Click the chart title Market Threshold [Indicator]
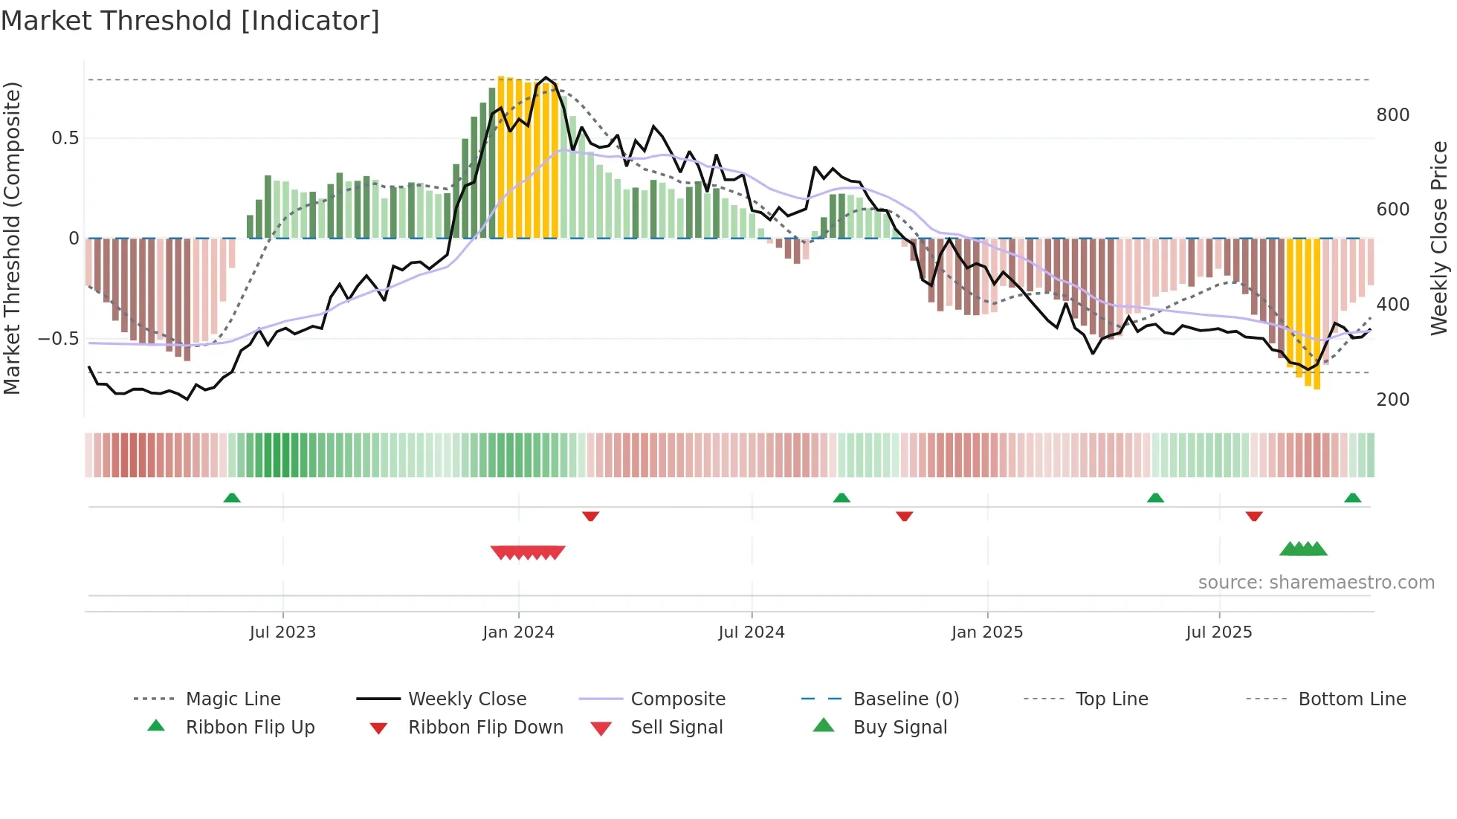tap(190, 21)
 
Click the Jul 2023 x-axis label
tap(282, 632)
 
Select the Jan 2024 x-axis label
tap(518, 632)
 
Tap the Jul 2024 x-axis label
tap(752, 632)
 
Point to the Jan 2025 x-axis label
tap(987, 632)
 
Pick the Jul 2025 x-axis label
tap(1219, 632)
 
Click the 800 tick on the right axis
tap(1392, 115)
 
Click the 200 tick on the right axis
tap(1392, 400)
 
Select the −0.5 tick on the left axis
tap(58, 339)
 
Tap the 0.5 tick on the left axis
tap(65, 138)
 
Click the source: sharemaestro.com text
tap(1316, 583)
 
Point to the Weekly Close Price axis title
tap(1439, 238)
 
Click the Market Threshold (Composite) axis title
tap(12, 238)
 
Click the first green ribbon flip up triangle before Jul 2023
tap(232, 498)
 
